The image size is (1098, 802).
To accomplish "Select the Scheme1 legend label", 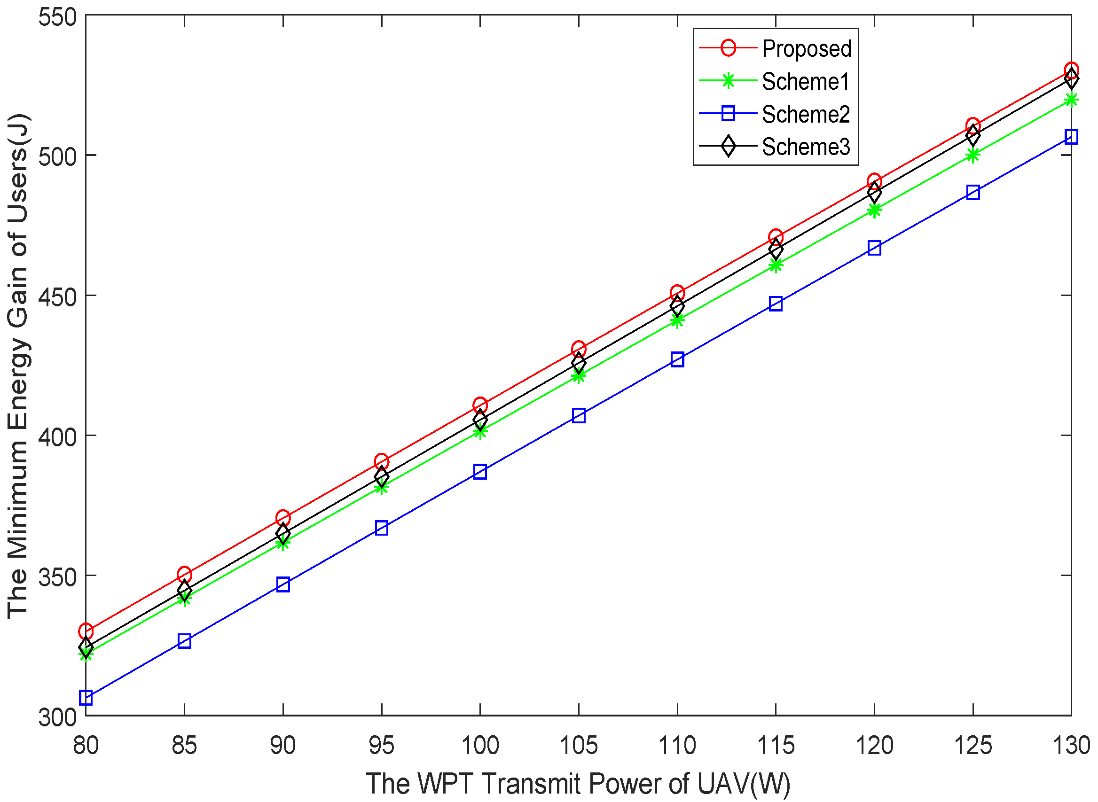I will click(805, 81).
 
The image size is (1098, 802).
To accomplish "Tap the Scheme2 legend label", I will click(805, 114).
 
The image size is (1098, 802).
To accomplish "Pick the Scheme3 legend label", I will click(805, 147).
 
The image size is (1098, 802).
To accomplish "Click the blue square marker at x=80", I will click(86, 698).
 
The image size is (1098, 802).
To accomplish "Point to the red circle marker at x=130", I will click(1071, 71).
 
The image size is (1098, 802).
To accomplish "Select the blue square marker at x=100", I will click(480, 472).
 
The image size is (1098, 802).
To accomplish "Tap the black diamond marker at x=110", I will click(677, 307).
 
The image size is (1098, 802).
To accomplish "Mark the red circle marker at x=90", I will click(283, 519).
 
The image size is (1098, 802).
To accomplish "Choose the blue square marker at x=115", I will click(776, 304).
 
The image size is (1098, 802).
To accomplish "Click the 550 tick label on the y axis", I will click(58, 17).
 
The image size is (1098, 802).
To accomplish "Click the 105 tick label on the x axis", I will click(579, 745).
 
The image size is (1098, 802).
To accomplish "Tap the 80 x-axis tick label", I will click(86, 745).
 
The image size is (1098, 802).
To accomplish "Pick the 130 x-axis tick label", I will click(1071, 745).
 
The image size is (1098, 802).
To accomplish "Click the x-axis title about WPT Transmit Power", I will click(578, 783).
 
